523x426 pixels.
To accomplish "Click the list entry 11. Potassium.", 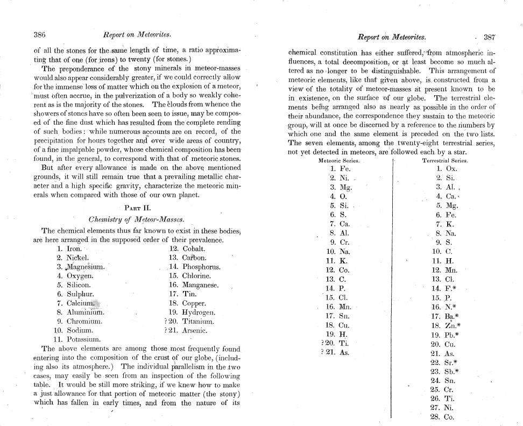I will [75, 339].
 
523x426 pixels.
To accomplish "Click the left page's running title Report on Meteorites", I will [137, 35].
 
